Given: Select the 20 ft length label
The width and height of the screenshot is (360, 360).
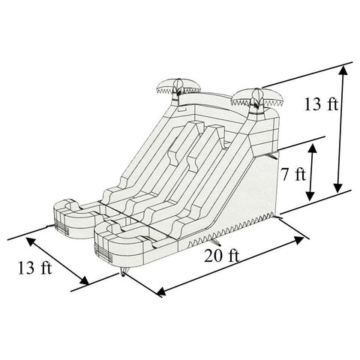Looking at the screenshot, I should [221, 256].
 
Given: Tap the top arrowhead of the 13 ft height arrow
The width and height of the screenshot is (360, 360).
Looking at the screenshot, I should [343, 69].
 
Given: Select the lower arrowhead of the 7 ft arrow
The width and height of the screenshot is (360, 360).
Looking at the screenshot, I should [310, 199].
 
